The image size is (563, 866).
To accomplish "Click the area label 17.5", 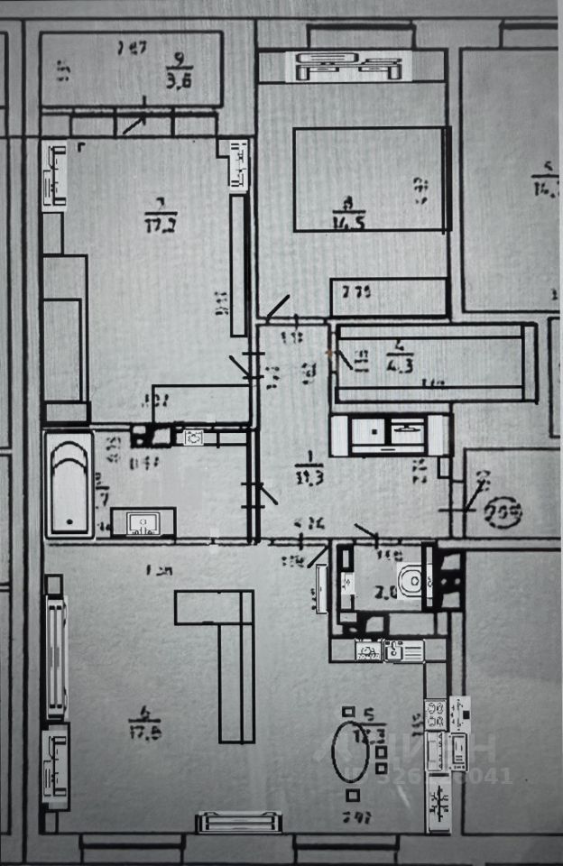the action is point(144,732).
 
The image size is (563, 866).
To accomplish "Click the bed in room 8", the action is point(371,179).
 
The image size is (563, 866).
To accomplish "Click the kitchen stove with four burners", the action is point(435,714).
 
